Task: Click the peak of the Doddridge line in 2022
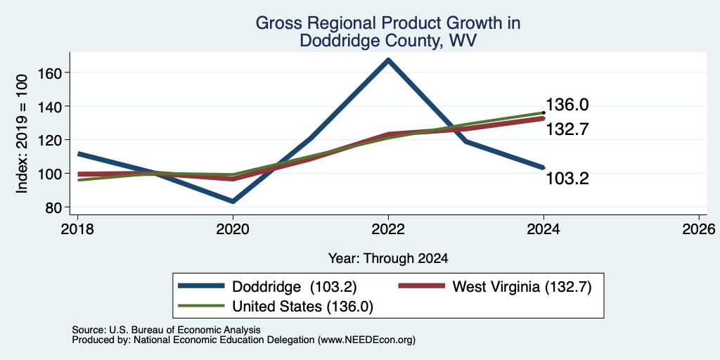(388, 60)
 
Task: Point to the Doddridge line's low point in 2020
(233, 201)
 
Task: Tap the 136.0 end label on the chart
(567, 105)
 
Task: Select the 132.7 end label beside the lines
(567, 129)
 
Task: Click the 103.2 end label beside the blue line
(567, 179)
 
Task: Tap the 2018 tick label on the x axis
(77, 229)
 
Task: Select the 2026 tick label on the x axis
(699, 229)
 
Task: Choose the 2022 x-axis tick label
(388, 229)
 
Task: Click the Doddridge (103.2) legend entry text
(295, 287)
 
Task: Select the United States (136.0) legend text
(302, 307)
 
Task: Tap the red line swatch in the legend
(422, 287)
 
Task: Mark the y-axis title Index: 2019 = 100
(22, 134)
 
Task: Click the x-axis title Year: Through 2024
(388, 259)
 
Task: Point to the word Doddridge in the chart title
(334, 41)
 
